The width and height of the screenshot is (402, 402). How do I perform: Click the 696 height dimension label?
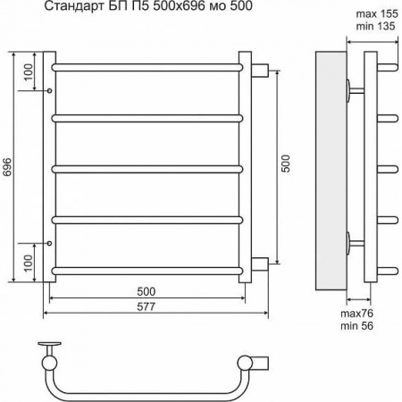pyautogui.click(x=7, y=166)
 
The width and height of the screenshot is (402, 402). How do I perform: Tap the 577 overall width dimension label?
pyautogui.click(x=147, y=306)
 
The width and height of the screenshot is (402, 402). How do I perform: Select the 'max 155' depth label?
pyautogui.click(x=377, y=13)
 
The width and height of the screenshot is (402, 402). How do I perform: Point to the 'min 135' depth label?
pyautogui.click(x=375, y=26)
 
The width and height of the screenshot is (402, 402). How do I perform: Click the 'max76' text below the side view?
pyautogui.click(x=356, y=314)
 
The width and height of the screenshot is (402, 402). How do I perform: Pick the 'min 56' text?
pyautogui.click(x=356, y=326)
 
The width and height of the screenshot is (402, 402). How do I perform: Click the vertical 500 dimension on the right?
pyautogui.click(x=285, y=163)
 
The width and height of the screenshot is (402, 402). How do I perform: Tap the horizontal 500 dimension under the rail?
pyautogui.click(x=147, y=291)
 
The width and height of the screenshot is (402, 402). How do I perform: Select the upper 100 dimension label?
pyautogui.click(x=29, y=71)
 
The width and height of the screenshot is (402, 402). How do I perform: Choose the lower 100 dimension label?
pyautogui.click(x=29, y=263)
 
